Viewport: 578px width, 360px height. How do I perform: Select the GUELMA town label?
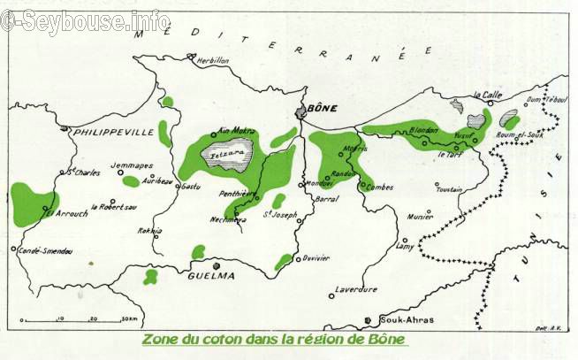tap(211, 275)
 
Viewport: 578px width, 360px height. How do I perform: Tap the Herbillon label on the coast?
tap(212, 60)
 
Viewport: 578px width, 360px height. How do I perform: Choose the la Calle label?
tap(488, 94)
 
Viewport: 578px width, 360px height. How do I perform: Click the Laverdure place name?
tap(355, 288)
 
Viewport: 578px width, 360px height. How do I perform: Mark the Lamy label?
tap(405, 248)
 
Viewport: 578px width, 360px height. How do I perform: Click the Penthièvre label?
tap(238, 192)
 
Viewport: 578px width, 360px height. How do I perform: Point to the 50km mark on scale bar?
tap(130, 318)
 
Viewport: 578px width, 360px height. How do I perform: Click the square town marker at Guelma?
tap(217, 264)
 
